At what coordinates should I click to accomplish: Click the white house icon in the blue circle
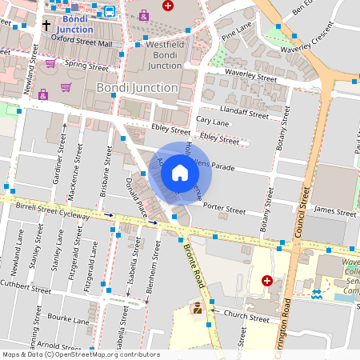180,171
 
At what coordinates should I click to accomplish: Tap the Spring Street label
86,63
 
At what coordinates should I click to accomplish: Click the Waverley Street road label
250,78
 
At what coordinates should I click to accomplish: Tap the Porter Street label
223,210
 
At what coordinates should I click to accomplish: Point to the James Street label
335,213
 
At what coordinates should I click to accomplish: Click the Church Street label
247,318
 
